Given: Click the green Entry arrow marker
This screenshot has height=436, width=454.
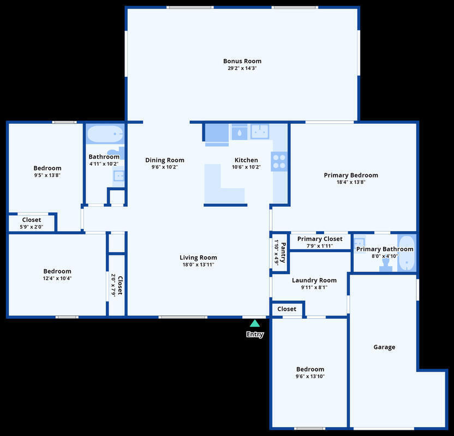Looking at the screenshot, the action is coord(254,323).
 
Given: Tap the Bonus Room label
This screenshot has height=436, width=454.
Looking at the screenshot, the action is coord(242,61).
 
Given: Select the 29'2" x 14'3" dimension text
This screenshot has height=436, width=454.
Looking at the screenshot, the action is coord(242,68).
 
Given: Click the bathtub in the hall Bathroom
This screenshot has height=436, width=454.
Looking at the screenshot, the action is coord(105,134).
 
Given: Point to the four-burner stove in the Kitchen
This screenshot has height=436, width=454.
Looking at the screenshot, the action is coord(279,161).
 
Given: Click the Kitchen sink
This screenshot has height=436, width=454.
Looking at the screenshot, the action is coord(260,131).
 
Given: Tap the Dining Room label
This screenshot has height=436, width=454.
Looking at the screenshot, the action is coord(165,160).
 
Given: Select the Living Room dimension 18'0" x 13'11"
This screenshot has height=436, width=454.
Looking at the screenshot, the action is coord(198,264).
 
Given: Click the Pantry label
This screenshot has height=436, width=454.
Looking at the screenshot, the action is coord(283,252).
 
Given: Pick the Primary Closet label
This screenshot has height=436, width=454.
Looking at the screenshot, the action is coord(320,239).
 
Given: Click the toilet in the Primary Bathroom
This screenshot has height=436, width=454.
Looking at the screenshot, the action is coord(385,265).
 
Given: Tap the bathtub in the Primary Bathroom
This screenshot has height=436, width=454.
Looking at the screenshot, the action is coord(407,253).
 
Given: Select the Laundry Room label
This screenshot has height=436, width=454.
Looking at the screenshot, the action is coord(314,280).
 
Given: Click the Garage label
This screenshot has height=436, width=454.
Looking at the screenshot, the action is coord(384,347).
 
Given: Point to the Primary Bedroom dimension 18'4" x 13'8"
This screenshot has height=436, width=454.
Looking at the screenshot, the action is coord(351,182).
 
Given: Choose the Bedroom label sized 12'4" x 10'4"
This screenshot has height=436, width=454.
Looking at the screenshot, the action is coord(57,271).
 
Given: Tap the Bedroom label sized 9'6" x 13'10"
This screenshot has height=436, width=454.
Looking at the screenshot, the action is coord(310,369).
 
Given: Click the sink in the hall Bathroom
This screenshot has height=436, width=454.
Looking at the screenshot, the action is coord(119,175).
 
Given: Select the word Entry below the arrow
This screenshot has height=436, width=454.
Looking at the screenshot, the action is coord(255,335).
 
